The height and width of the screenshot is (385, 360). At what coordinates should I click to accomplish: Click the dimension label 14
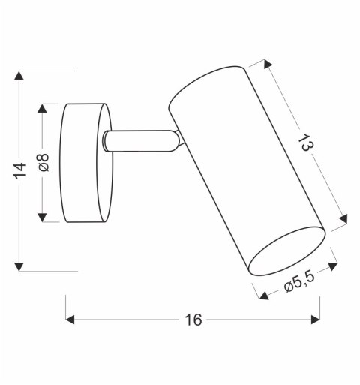click(x=21, y=170)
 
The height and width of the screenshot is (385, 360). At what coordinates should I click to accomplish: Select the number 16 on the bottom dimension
click(x=193, y=320)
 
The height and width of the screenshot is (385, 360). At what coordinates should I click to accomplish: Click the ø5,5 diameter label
click(x=298, y=284)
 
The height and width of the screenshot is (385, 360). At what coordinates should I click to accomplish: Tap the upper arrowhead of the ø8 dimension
click(x=44, y=107)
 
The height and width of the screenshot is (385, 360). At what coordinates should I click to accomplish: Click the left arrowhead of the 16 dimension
click(x=72, y=320)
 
